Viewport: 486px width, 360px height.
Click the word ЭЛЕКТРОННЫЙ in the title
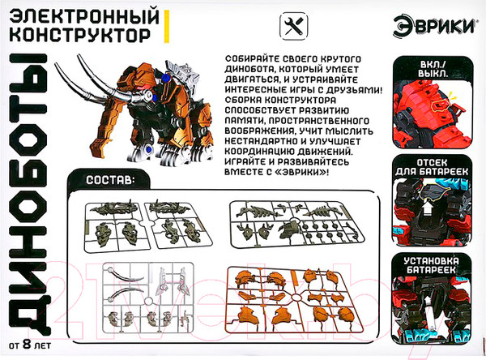pos(84,18)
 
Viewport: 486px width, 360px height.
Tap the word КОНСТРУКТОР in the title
pos(80,35)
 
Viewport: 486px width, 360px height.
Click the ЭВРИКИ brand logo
pos(434,27)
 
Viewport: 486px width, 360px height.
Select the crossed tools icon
pos(294,27)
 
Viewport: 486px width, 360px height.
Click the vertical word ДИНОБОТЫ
pos(28,195)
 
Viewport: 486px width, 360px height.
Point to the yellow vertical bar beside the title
pos(166,27)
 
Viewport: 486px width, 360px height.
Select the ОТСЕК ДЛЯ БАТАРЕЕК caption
pos(432,167)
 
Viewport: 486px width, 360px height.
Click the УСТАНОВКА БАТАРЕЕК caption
pos(431,264)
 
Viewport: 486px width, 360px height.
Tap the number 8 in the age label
pos(28,345)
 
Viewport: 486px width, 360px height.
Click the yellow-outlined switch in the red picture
pos(440,106)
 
